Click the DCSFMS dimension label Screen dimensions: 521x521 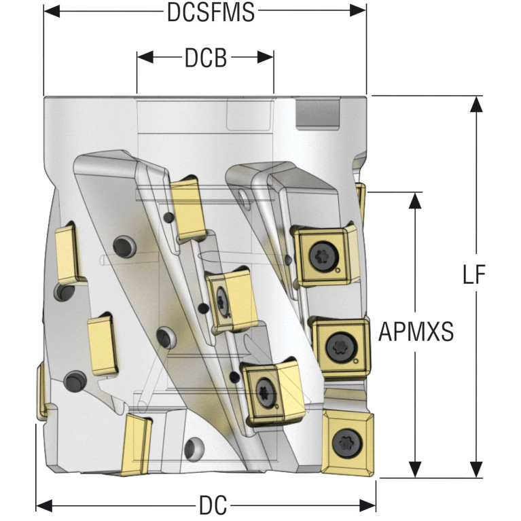[x=211, y=12]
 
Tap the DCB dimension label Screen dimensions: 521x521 [x=205, y=58]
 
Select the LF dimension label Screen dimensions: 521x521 [x=477, y=275]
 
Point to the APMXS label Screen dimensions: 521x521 [x=416, y=332]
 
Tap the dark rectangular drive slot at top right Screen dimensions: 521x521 [x=317, y=113]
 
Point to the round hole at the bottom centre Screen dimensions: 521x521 [x=194, y=448]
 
